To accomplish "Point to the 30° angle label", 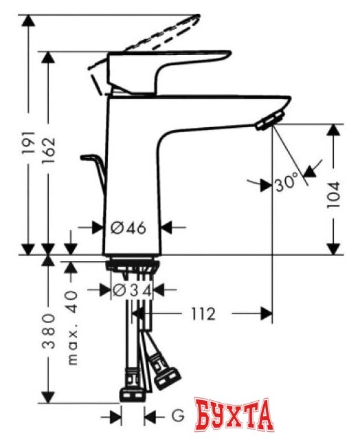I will coord(285,183).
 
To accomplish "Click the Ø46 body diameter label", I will coord(128,228).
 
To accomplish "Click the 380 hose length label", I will coord(49,331).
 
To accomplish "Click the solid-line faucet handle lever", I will coord(165,65).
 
